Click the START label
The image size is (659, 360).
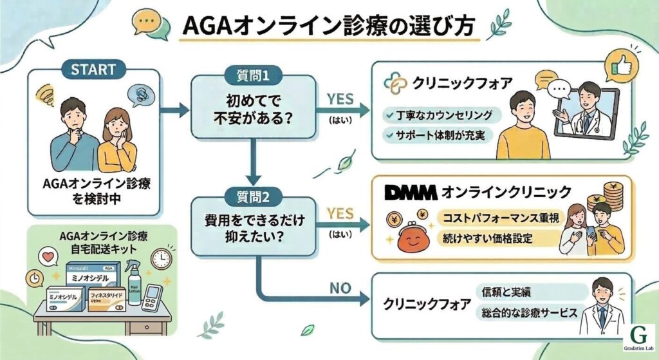click(93, 68)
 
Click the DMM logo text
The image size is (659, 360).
click(410, 192)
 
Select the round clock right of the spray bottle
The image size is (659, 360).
click(161, 259)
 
